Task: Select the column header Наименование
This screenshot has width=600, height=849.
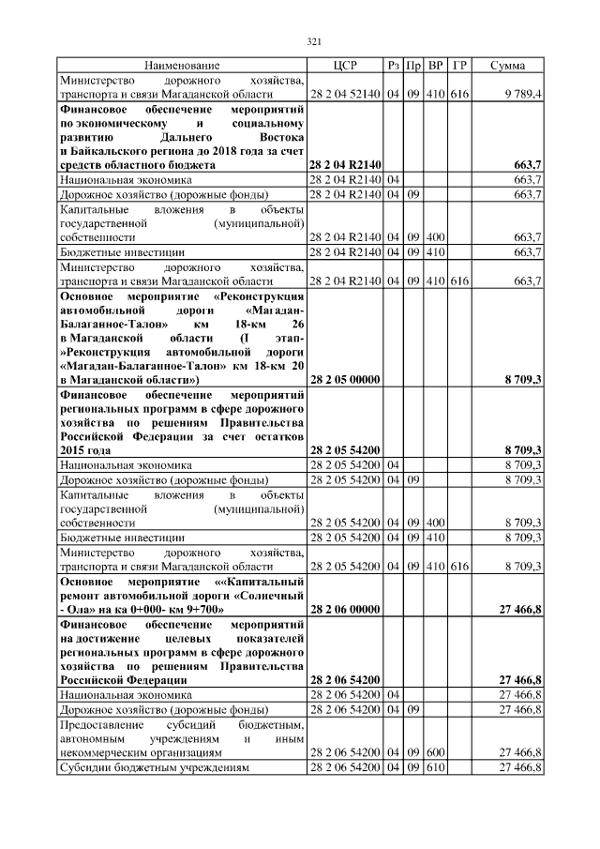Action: point(182,66)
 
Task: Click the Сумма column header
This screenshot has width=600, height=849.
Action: point(507,66)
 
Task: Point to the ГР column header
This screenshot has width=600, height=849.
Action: point(458,66)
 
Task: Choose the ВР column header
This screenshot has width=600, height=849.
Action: point(435,66)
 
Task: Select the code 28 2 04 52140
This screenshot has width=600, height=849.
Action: point(345,95)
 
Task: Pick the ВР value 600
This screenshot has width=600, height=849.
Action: point(435,752)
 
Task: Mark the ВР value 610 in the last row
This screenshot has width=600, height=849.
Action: point(435,767)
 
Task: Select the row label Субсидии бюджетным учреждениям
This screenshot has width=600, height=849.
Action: point(155,767)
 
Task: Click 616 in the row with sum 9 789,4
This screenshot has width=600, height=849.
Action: point(458,95)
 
